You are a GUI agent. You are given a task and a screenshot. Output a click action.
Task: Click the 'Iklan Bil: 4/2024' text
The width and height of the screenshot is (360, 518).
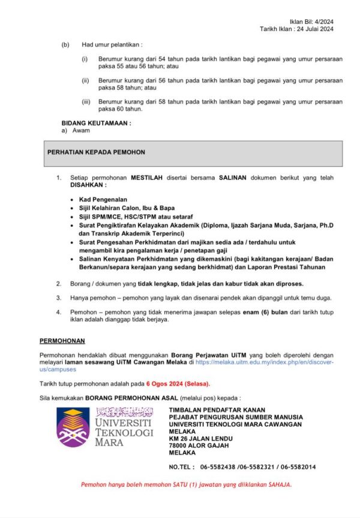(312, 22)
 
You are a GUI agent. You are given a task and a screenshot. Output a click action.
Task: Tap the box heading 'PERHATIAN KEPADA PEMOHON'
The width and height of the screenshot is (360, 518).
(96, 152)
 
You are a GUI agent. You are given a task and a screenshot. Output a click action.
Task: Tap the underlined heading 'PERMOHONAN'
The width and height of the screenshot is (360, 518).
(62, 341)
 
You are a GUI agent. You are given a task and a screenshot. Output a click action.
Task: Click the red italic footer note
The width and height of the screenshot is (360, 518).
(186, 485)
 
